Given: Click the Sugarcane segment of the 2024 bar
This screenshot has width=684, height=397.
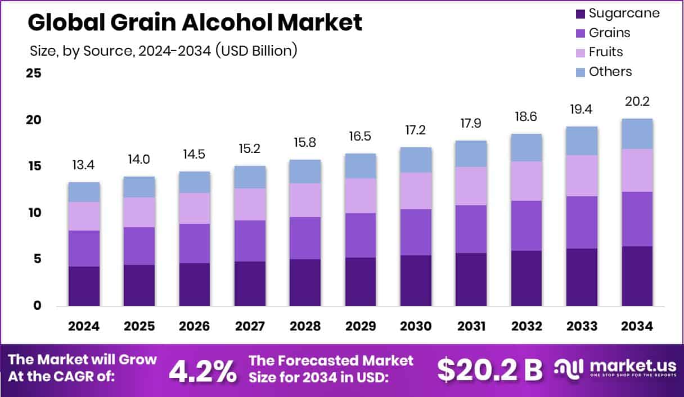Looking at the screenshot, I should pyautogui.click(x=84, y=286).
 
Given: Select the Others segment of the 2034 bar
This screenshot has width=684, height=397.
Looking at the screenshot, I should pyautogui.click(x=637, y=134).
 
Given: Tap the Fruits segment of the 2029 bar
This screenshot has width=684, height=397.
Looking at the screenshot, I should pyautogui.click(x=361, y=196).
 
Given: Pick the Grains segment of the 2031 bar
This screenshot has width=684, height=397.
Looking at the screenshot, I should pyautogui.click(x=471, y=229).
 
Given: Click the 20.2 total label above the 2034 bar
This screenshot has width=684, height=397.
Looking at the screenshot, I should pyautogui.click(x=637, y=102).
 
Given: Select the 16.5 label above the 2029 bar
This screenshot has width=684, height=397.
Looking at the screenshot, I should pyautogui.click(x=361, y=137).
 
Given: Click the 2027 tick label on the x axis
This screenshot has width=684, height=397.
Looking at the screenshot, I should pyautogui.click(x=250, y=327).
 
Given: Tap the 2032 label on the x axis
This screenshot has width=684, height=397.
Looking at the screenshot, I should pyautogui.click(x=526, y=327).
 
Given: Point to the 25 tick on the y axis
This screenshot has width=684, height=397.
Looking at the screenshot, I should pyautogui.click(x=34, y=73).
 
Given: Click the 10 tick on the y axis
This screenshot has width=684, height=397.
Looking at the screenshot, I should pyautogui.click(x=34, y=213).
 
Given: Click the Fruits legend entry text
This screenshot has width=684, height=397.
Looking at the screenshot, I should pyautogui.click(x=606, y=52).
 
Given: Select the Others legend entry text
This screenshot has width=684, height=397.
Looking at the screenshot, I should pyautogui.click(x=610, y=71).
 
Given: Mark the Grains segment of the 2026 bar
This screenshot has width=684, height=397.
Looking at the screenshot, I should pyautogui.click(x=195, y=243).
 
